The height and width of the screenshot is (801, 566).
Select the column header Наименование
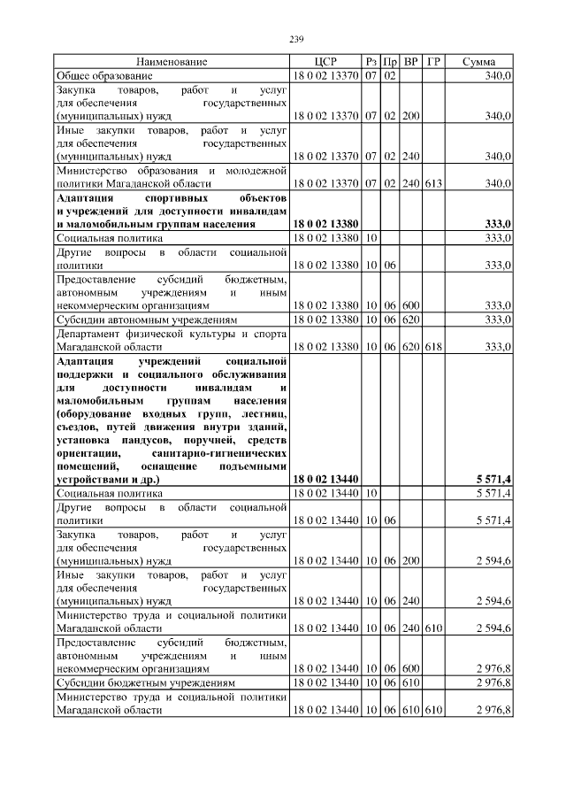coord(172,62)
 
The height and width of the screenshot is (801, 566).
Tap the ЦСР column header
coord(325,62)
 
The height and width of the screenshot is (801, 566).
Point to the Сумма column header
coord(478,62)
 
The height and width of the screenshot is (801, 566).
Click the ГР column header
coord(433,62)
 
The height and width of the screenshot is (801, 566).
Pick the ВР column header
coord(410,62)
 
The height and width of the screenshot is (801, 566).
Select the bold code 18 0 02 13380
coord(325,225)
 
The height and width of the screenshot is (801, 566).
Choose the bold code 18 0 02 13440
coord(325,479)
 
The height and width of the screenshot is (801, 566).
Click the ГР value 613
coord(432,183)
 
